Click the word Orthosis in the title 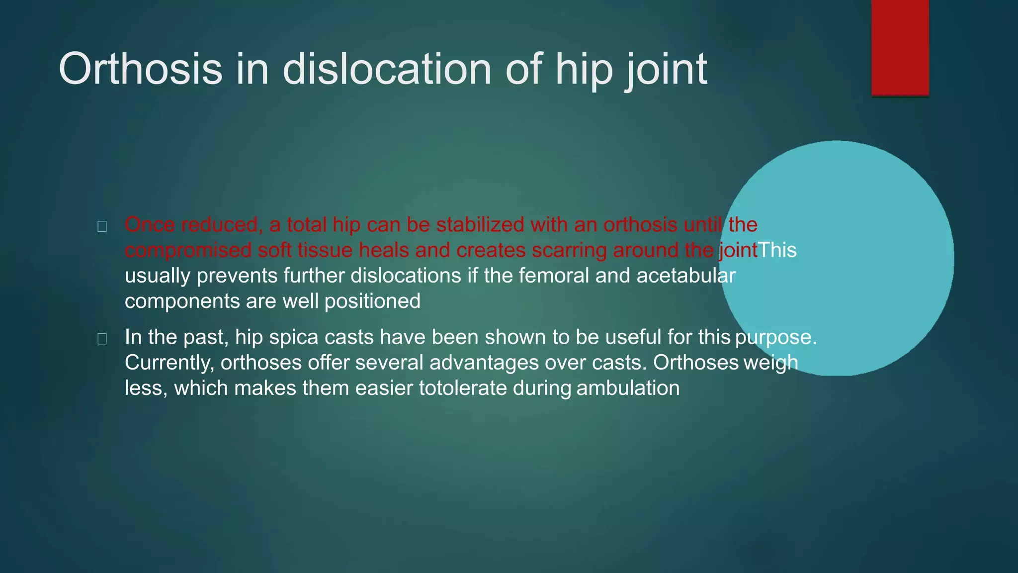(x=140, y=69)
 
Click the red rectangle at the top (x=900, y=47)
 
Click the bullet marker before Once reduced (x=102, y=227)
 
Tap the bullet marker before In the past (x=102, y=339)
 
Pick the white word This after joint (x=777, y=250)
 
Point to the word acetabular (x=685, y=276)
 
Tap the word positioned (x=372, y=301)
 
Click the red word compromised (x=188, y=250)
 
